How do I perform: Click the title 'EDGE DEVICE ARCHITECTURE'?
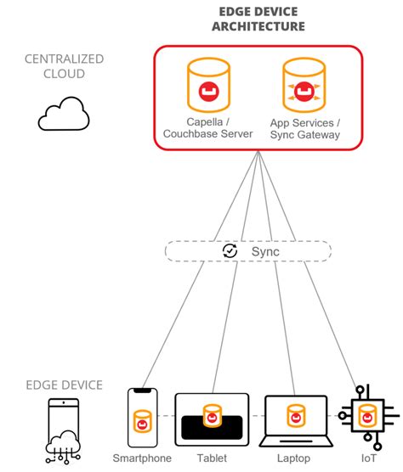click(258, 20)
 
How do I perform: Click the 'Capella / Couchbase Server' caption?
click(207, 127)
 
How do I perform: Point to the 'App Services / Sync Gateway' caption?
click(304, 127)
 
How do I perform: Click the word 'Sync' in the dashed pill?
click(264, 251)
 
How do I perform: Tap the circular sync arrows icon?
click(230, 251)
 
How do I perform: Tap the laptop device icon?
click(295, 419)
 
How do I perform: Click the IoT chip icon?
click(366, 417)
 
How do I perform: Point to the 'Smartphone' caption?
click(142, 459)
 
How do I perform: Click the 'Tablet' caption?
click(212, 459)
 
